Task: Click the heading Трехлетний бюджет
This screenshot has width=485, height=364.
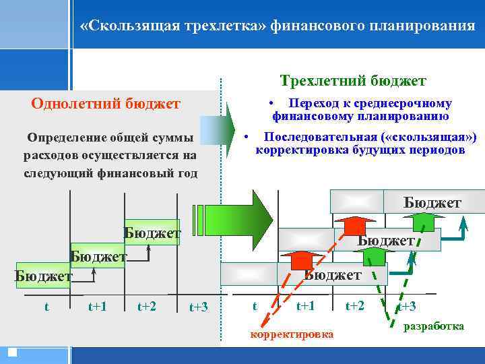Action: coord(353,81)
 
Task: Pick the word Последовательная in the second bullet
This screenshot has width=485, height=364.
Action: coord(316,137)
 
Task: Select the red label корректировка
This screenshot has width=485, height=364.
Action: coord(291,334)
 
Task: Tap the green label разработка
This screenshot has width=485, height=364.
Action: coord(433,326)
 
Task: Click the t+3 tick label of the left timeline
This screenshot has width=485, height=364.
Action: coord(199,307)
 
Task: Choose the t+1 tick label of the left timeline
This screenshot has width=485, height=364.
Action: coord(98,306)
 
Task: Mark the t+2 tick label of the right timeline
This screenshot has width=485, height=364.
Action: coord(355,306)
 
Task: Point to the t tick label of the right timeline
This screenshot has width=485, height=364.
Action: coord(254,306)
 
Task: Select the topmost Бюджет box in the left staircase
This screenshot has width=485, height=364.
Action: coord(152,233)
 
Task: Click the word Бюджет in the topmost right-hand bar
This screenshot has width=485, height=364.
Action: coord(432,202)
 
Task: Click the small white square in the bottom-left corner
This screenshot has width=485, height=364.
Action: coord(12,351)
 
